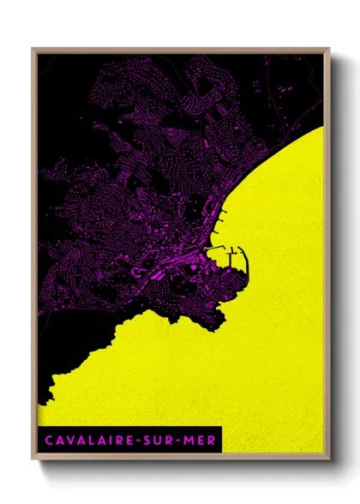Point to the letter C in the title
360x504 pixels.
click(x=48, y=441)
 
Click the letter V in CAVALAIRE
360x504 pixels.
click(x=70, y=441)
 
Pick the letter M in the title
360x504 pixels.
click(x=190, y=441)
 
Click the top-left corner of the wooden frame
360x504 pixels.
click(x=33, y=50)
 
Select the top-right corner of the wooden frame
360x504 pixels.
click(x=329, y=50)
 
